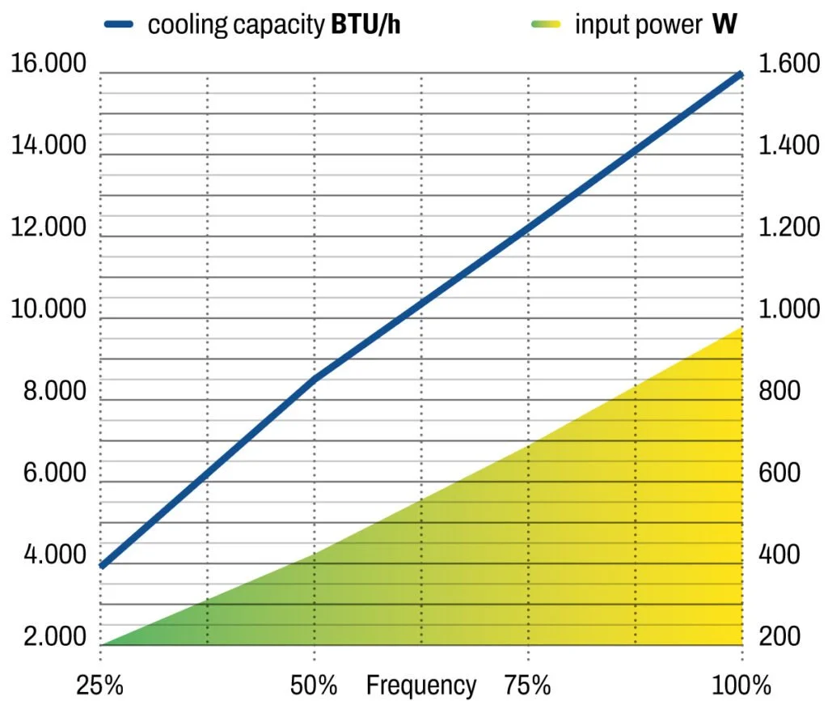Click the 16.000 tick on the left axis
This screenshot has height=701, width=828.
click(x=49, y=64)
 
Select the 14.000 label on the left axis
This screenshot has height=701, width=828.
click(x=49, y=146)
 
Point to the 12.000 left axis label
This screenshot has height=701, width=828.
click(x=49, y=227)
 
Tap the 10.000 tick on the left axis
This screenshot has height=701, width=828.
click(x=49, y=309)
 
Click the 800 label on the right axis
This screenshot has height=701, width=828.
click(x=779, y=391)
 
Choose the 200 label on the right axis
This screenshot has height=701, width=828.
click(x=779, y=636)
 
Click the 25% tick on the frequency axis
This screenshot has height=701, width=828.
click(x=100, y=685)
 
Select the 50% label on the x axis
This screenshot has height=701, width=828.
click(x=314, y=685)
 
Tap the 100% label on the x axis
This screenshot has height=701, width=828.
click(x=742, y=685)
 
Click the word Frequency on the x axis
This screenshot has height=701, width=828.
click(x=421, y=685)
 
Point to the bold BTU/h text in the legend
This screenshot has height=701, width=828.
click(x=365, y=24)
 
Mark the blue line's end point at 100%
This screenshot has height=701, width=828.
click(x=740, y=74)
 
